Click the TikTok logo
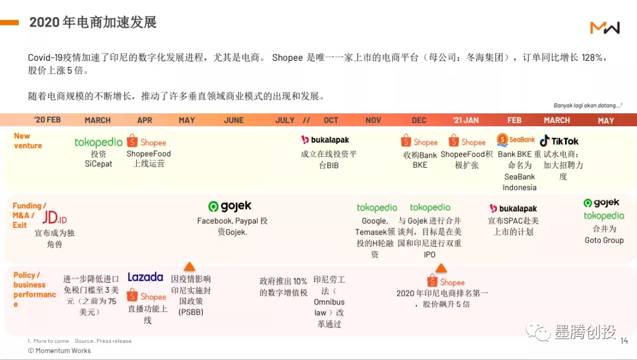pos(559,141)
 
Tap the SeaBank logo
pos(515,140)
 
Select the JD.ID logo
pos(54,218)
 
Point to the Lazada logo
pos(145,277)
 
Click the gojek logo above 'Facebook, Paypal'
pos(230,207)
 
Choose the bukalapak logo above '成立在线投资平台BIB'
pos(325,140)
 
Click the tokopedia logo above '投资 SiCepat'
pos(98,142)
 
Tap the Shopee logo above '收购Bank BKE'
pos(419,142)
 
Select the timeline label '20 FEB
pos(47,120)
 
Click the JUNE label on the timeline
pos(234,120)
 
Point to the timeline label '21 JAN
pos(465,120)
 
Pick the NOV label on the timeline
pos(373,120)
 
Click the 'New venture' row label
pos(28,140)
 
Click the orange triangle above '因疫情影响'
pos(189,266)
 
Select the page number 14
pos(624,341)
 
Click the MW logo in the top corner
pos(605,27)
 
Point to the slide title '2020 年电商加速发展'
pos(93,22)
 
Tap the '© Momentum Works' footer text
pos(60,351)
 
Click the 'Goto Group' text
pos(604,240)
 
